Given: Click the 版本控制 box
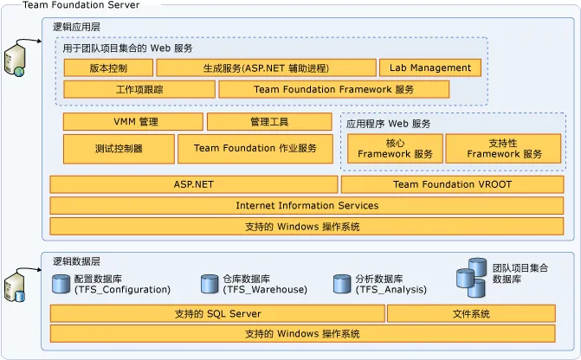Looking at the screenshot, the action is tap(107, 67).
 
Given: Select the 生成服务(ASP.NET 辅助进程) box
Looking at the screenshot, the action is tap(267, 67).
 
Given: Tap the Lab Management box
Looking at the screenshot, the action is tap(429, 67).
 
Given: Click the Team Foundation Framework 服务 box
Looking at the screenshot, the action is tap(333, 89).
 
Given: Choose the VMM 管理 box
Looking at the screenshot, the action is tap(132, 122).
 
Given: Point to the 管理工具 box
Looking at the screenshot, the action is tap(269, 122).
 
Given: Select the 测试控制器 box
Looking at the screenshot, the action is tap(118, 148).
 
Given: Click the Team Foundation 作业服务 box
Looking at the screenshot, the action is tap(255, 148).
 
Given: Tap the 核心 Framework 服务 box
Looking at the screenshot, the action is tap(395, 148).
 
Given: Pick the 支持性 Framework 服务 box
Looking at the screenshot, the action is tap(504, 148).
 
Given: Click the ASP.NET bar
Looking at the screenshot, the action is tap(193, 184).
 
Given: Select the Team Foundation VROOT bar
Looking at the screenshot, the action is tap(453, 184).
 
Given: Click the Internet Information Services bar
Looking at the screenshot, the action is tap(307, 206).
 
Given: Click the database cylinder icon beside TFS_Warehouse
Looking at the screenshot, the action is tap(209, 284).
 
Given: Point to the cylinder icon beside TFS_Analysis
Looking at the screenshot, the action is tap(341, 284).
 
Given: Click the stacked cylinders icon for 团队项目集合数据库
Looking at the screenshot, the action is tap(472, 273).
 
